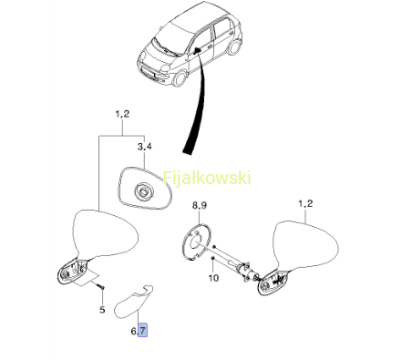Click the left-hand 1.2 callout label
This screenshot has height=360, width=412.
(x=122, y=115)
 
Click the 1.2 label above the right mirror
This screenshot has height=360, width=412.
(x=305, y=203)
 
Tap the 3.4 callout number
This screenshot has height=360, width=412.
(x=144, y=147)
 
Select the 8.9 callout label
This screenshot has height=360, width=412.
(x=200, y=205)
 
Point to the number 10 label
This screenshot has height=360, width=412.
(x=213, y=278)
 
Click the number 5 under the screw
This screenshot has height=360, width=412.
(x=102, y=310)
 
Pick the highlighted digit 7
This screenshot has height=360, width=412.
(x=142, y=330)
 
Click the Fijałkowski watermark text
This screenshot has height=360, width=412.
(x=207, y=178)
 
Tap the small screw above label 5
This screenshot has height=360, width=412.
(x=100, y=286)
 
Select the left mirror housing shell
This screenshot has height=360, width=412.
(x=107, y=234)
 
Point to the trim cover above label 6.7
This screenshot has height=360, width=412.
(x=133, y=302)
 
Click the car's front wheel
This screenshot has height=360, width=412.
(x=180, y=77)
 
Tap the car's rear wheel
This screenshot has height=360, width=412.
(x=234, y=46)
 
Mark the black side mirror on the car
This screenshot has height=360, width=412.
(x=197, y=50)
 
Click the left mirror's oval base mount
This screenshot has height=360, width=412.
(x=73, y=271)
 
